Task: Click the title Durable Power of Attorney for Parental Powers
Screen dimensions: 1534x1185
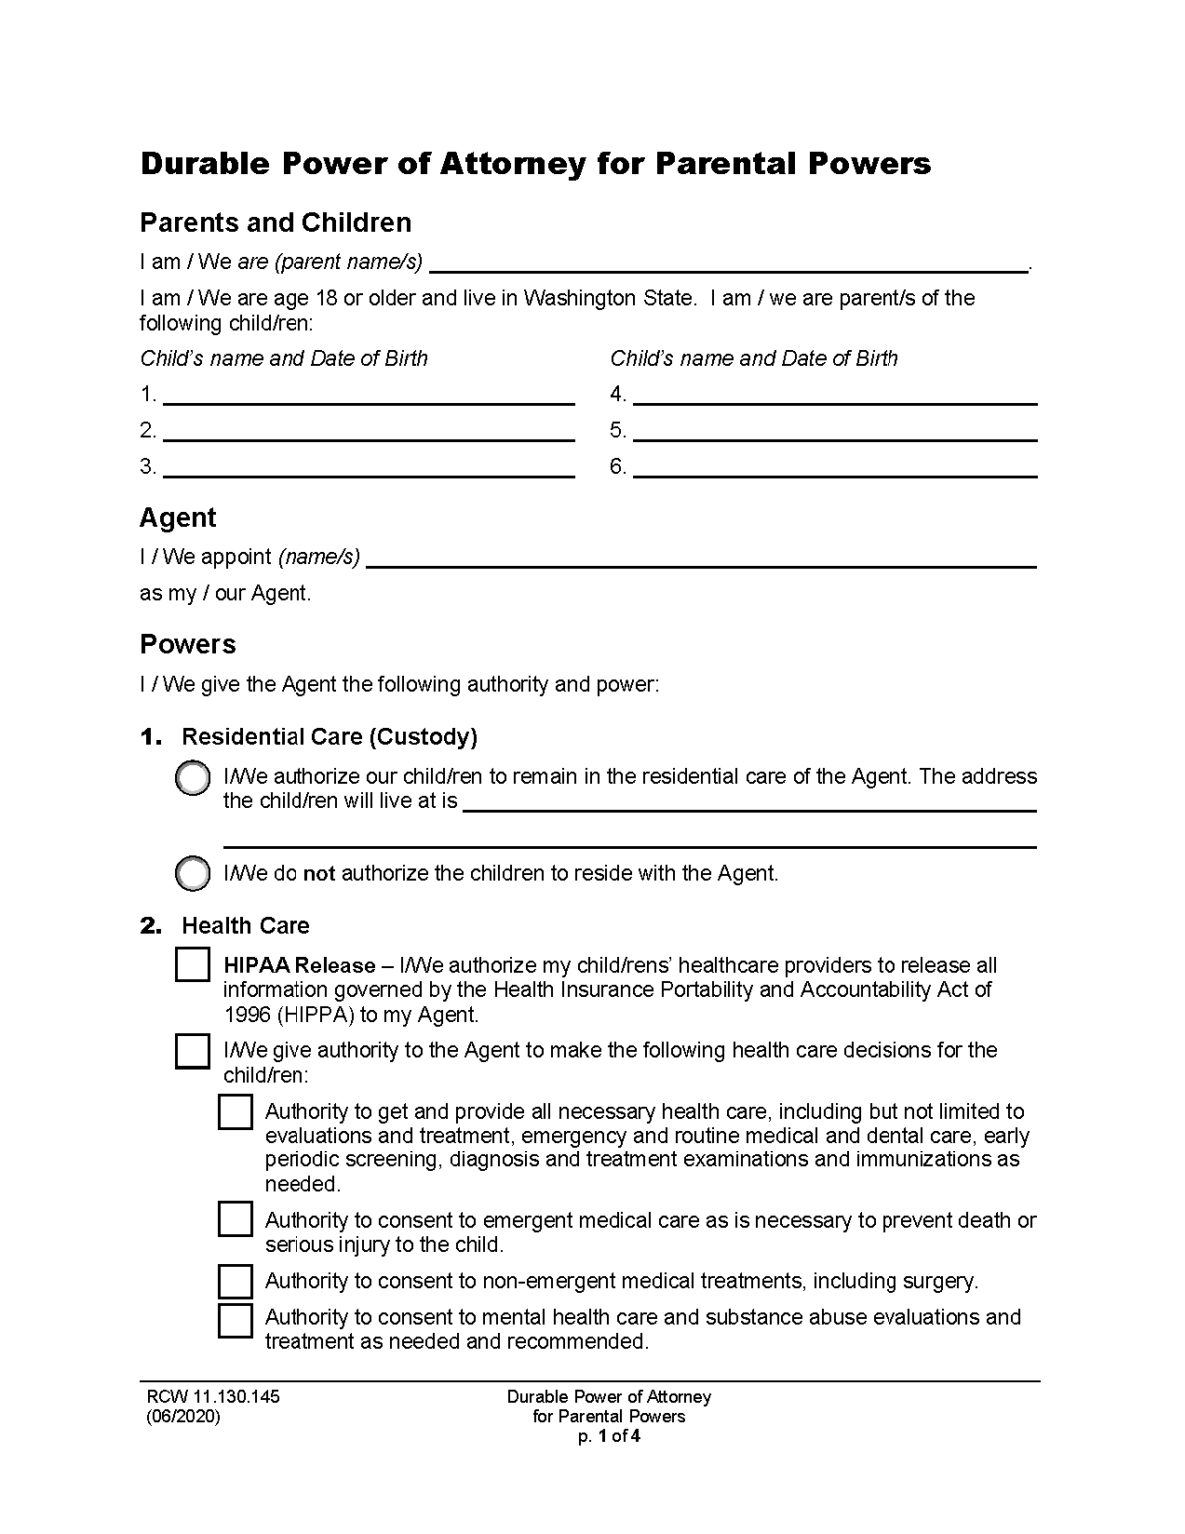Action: click(x=535, y=164)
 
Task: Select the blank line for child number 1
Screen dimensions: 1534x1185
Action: click(x=367, y=394)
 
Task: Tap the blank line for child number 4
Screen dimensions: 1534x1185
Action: click(x=835, y=394)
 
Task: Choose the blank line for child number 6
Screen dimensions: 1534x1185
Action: click(x=835, y=467)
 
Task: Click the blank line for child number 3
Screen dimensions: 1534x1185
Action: click(x=367, y=467)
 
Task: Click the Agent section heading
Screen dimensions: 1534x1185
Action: click(x=178, y=518)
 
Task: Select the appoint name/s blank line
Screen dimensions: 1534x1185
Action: click(x=702, y=557)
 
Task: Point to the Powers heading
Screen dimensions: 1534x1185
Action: click(x=188, y=645)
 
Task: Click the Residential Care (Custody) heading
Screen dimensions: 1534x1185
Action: click(x=328, y=737)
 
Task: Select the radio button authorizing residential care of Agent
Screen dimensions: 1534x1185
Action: click(x=192, y=778)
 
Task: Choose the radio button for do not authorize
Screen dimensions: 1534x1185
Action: click(x=192, y=874)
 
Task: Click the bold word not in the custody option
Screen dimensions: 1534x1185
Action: click(x=319, y=874)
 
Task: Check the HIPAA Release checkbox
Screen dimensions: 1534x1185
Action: click(x=192, y=965)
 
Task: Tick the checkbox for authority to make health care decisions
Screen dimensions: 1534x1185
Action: click(x=192, y=1051)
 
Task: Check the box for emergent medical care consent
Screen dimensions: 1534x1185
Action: click(x=235, y=1219)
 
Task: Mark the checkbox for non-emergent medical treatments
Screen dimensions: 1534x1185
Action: click(x=235, y=1281)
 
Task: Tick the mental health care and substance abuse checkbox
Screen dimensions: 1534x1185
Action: click(x=235, y=1319)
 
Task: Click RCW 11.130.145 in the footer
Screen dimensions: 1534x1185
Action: click(x=213, y=1397)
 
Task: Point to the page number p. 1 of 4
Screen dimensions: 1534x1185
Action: click(x=608, y=1437)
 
